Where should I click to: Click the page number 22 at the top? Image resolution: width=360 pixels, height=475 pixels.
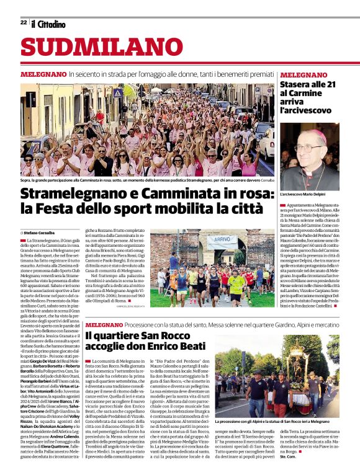[24, 22]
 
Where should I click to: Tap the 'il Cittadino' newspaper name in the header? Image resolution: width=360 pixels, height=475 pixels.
[48, 24]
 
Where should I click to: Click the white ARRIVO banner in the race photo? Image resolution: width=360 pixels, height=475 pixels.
[222, 238]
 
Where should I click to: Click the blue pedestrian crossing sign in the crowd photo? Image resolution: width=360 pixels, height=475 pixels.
[117, 92]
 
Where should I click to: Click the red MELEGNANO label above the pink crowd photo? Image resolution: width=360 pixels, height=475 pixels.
[43, 74]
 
